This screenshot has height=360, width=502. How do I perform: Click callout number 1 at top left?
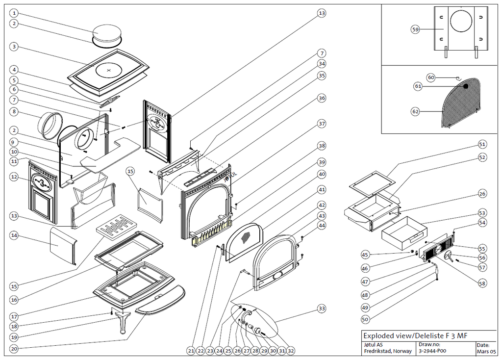click(x=15, y=13)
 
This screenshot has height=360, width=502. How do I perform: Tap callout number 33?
click(x=322, y=309)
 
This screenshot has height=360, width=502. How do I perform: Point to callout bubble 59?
click(x=415, y=29)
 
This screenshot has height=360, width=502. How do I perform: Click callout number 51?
click(x=482, y=144)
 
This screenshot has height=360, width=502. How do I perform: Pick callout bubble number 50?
click(x=365, y=319)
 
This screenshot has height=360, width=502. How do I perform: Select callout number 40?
click(x=322, y=174)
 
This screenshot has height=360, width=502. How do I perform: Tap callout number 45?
click(x=365, y=255)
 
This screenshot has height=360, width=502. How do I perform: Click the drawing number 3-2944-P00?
click(x=432, y=351)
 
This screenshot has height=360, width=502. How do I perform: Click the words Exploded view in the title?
click(x=386, y=336)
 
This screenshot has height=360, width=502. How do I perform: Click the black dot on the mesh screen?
click(x=466, y=86)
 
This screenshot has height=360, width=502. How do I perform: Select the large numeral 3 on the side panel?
click(x=45, y=184)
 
